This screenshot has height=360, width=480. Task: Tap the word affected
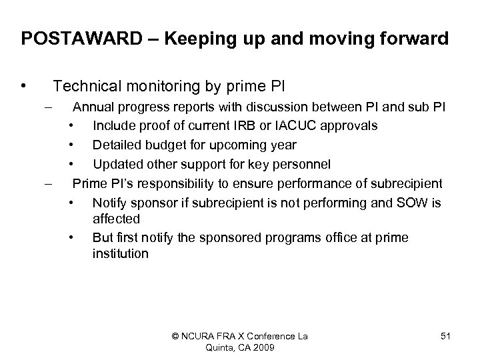(116, 219)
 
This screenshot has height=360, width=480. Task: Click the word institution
(121, 254)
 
